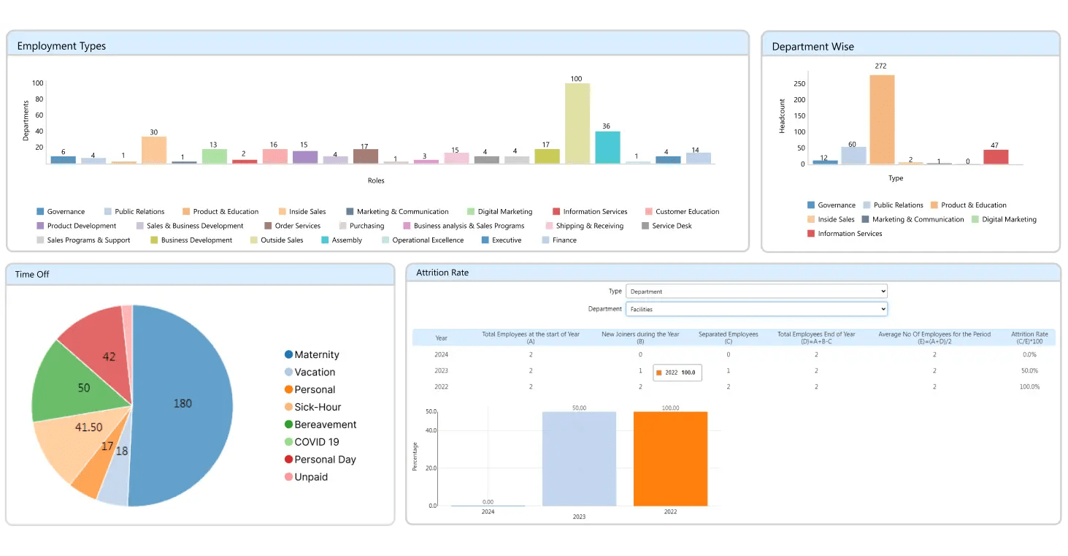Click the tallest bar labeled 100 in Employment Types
click(577, 123)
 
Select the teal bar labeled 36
click(607, 148)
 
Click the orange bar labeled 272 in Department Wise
click(882, 120)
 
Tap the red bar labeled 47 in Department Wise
click(996, 157)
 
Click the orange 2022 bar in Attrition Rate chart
click(670, 459)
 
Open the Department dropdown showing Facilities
click(756, 309)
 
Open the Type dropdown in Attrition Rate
click(756, 291)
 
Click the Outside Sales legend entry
click(277, 240)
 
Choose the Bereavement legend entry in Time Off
click(320, 424)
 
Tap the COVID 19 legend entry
click(312, 442)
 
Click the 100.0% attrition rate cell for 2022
click(1029, 386)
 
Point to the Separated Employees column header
click(728, 338)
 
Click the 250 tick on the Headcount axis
click(799, 83)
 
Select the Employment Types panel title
click(61, 46)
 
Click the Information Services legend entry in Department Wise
click(845, 233)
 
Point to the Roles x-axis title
click(376, 180)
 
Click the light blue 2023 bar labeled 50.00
click(580, 459)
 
